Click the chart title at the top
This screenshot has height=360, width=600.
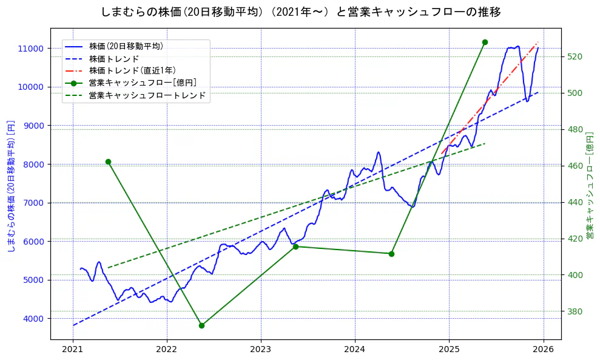pos(300,12)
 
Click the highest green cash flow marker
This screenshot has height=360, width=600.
pos(485,42)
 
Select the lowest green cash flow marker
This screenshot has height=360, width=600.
pos(201,325)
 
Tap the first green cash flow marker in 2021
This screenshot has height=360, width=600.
pos(108,161)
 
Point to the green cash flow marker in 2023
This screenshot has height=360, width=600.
pos(295,246)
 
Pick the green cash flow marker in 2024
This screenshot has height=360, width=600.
pos(391,254)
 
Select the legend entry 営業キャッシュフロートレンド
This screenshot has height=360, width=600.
pos(147,95)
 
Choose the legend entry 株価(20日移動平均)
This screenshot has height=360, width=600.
pos(126,46)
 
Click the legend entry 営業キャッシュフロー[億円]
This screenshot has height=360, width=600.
pos(142,83)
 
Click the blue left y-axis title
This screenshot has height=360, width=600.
pos(10,186)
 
